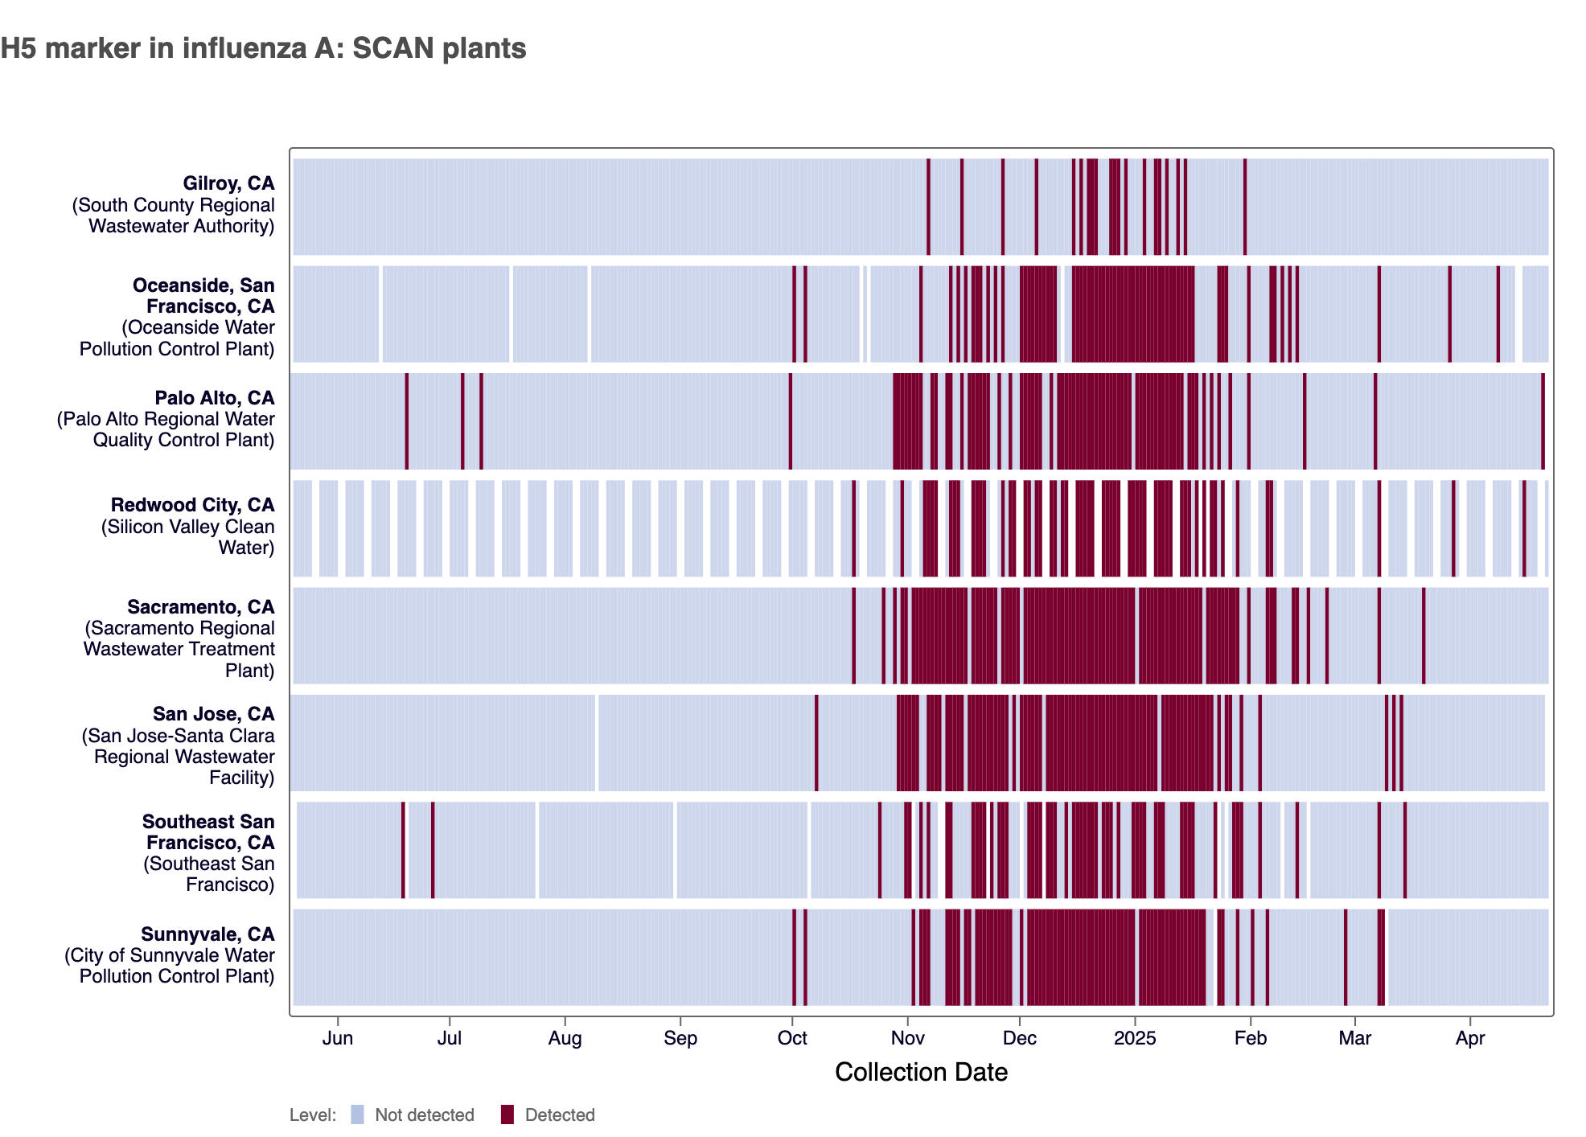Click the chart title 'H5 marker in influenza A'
click(x=263, y=48)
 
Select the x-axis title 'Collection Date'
click(x=921, y=1072)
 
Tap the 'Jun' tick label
click(x=338, y=1038)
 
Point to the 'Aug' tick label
click(x=565, y=1038)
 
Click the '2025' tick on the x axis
click(x=1135, y=1038)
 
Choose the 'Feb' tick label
click(x=1251, y=1038)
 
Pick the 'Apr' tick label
click(x=1470, y=1038)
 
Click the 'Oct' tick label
click(x=792, y=1038)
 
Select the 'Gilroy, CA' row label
click(x=228, y=184)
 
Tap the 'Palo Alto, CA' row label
click(x=215, y=398)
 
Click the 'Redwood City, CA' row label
click(x=193, y=505)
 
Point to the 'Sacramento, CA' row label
click(x=201, y=607)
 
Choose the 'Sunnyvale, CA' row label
click(x=207, y=934)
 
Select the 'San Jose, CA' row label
click(x=214, y=714)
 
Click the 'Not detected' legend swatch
click(x=358, y=1114)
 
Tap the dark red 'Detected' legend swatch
click(x=507, y=1114)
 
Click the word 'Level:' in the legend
click(x=313, y=1115)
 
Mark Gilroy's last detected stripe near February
click(x=1245, y=207)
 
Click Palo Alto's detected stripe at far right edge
click(x=1543, y=421)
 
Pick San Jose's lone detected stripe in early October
click(x=816, y=742)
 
